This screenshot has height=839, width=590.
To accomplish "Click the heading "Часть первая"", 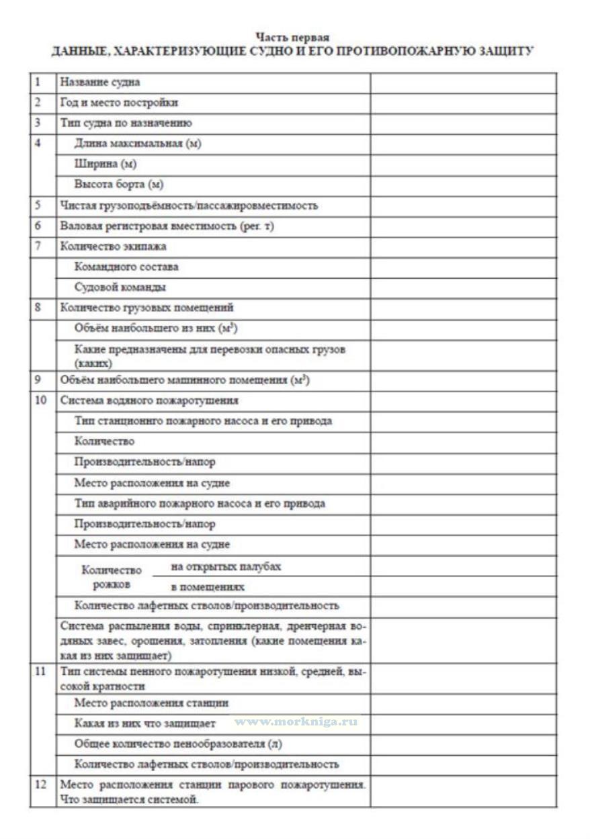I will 292,38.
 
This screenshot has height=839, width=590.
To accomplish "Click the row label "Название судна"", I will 100,83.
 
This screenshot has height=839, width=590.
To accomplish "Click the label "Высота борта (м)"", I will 119,185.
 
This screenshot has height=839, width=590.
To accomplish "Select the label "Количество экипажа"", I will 114,246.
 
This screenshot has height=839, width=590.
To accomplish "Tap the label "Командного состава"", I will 126,267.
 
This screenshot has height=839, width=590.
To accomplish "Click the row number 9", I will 38,380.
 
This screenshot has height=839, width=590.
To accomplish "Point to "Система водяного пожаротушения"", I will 149,400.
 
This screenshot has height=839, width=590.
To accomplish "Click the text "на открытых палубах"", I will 226,566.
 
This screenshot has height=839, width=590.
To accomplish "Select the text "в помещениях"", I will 208,587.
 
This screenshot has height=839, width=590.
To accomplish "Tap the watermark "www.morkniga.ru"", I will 296,721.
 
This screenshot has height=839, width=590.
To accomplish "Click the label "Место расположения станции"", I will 151,703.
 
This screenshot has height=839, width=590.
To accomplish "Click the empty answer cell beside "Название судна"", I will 463,83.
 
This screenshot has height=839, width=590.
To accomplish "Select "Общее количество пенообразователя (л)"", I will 177,744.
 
